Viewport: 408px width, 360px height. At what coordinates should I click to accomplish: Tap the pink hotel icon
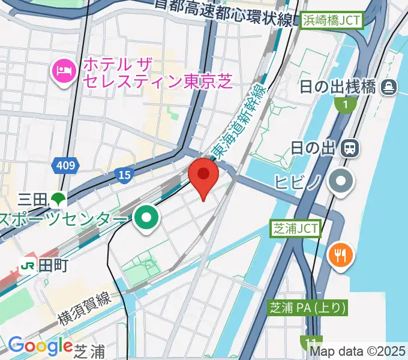point(63,71)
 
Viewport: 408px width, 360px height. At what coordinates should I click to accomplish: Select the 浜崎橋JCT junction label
point(332,20)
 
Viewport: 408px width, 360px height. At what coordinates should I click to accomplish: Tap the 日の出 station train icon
point(349,147)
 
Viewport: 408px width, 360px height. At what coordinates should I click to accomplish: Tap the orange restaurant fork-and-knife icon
point(341,255)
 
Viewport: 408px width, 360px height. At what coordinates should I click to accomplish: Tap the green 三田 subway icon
point(58,198)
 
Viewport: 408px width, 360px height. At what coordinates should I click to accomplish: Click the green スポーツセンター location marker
point(146,218)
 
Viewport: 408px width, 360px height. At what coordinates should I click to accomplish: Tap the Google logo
point(40,346)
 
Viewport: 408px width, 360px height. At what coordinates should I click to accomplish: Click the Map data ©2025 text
point(358,350)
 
